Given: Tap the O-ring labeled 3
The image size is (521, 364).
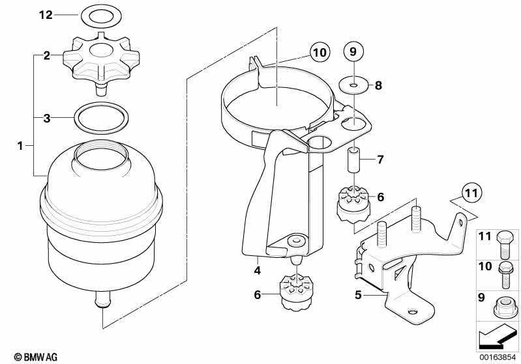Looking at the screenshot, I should click(x=100, y=119).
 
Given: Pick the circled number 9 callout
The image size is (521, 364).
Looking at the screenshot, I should click(x=351, y=51).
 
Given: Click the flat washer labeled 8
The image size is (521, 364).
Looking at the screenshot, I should click(x=351, y=84).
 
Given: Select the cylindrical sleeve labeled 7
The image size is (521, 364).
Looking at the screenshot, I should click(x=352, y=161).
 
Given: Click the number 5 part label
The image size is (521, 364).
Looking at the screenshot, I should click(x=358, y=295).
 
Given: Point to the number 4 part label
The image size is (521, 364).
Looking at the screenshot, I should click(x=258, y=270).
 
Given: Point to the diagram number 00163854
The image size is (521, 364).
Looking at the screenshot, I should click(x=498, y=357).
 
